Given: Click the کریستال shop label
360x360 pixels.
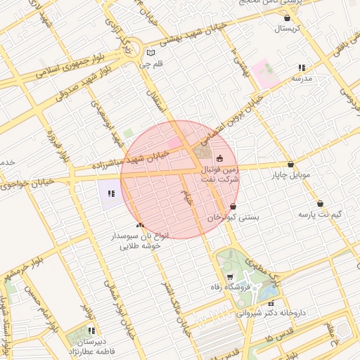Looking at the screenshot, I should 286,29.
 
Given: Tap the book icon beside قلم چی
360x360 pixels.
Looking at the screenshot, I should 149,53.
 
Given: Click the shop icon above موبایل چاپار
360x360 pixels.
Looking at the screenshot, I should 290,164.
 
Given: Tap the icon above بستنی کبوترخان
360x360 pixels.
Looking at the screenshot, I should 233,207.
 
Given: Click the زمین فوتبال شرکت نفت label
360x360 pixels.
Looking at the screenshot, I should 220,175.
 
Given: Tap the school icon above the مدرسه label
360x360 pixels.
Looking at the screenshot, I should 301,67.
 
